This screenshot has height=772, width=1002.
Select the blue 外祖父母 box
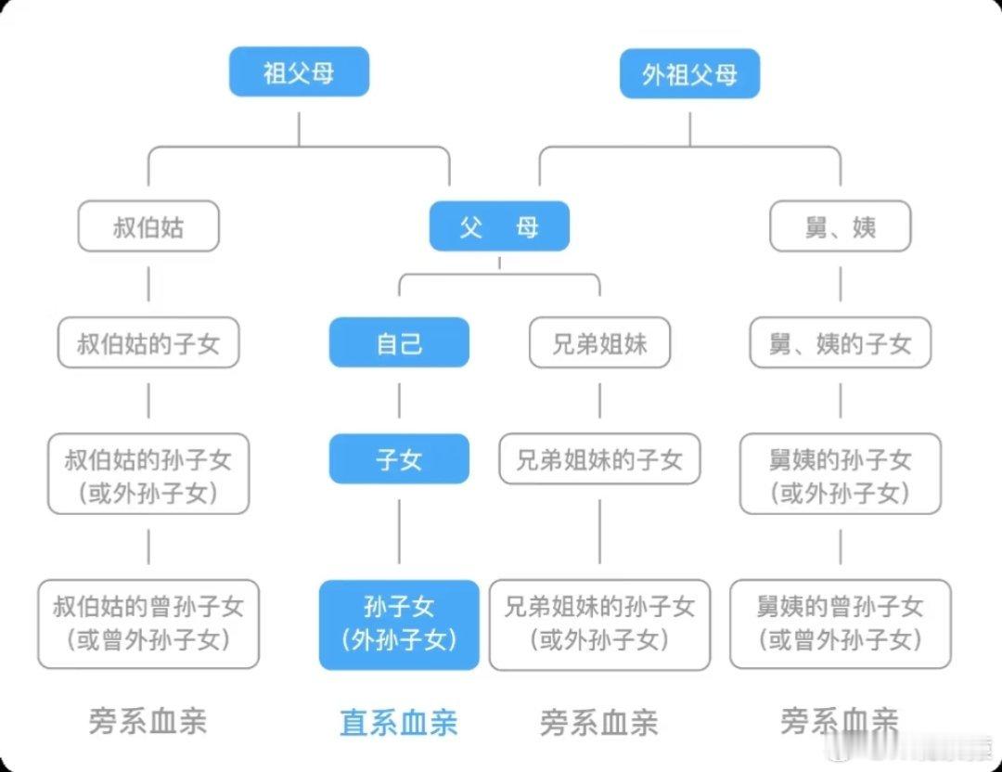(x=689, y=74)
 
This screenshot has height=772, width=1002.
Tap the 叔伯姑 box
(x=148, y=227)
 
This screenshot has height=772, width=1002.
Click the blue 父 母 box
(x=498, y=227)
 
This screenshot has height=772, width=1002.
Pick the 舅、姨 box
(x=841, y=227)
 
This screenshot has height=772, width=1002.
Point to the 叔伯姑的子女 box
(x=148, y=344)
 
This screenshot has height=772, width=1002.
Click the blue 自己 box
(x=399, y=343)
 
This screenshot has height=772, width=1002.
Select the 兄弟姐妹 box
(x=599, y=344)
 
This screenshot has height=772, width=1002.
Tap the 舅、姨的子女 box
(x=841, y=344)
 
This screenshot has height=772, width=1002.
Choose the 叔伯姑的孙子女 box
(x=148, y=474)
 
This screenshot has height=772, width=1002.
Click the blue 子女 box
(x=399, y=459)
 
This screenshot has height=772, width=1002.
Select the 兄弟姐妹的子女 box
(x=599, y=459)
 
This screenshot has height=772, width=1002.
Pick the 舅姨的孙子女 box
(x=841, y=474)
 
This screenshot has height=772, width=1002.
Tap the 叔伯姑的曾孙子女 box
(x=148, y=624)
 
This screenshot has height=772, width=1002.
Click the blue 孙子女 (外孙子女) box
(x=399, y=624)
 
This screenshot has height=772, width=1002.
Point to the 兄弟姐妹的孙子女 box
(x=599, y=624)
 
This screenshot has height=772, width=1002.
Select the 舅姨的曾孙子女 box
(x=841, y=624)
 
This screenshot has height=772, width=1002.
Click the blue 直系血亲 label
(x=399, y=723)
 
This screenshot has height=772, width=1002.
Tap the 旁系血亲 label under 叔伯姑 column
(x=148, y=721)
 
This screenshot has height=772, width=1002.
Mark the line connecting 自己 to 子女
(x=399, y=401)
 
